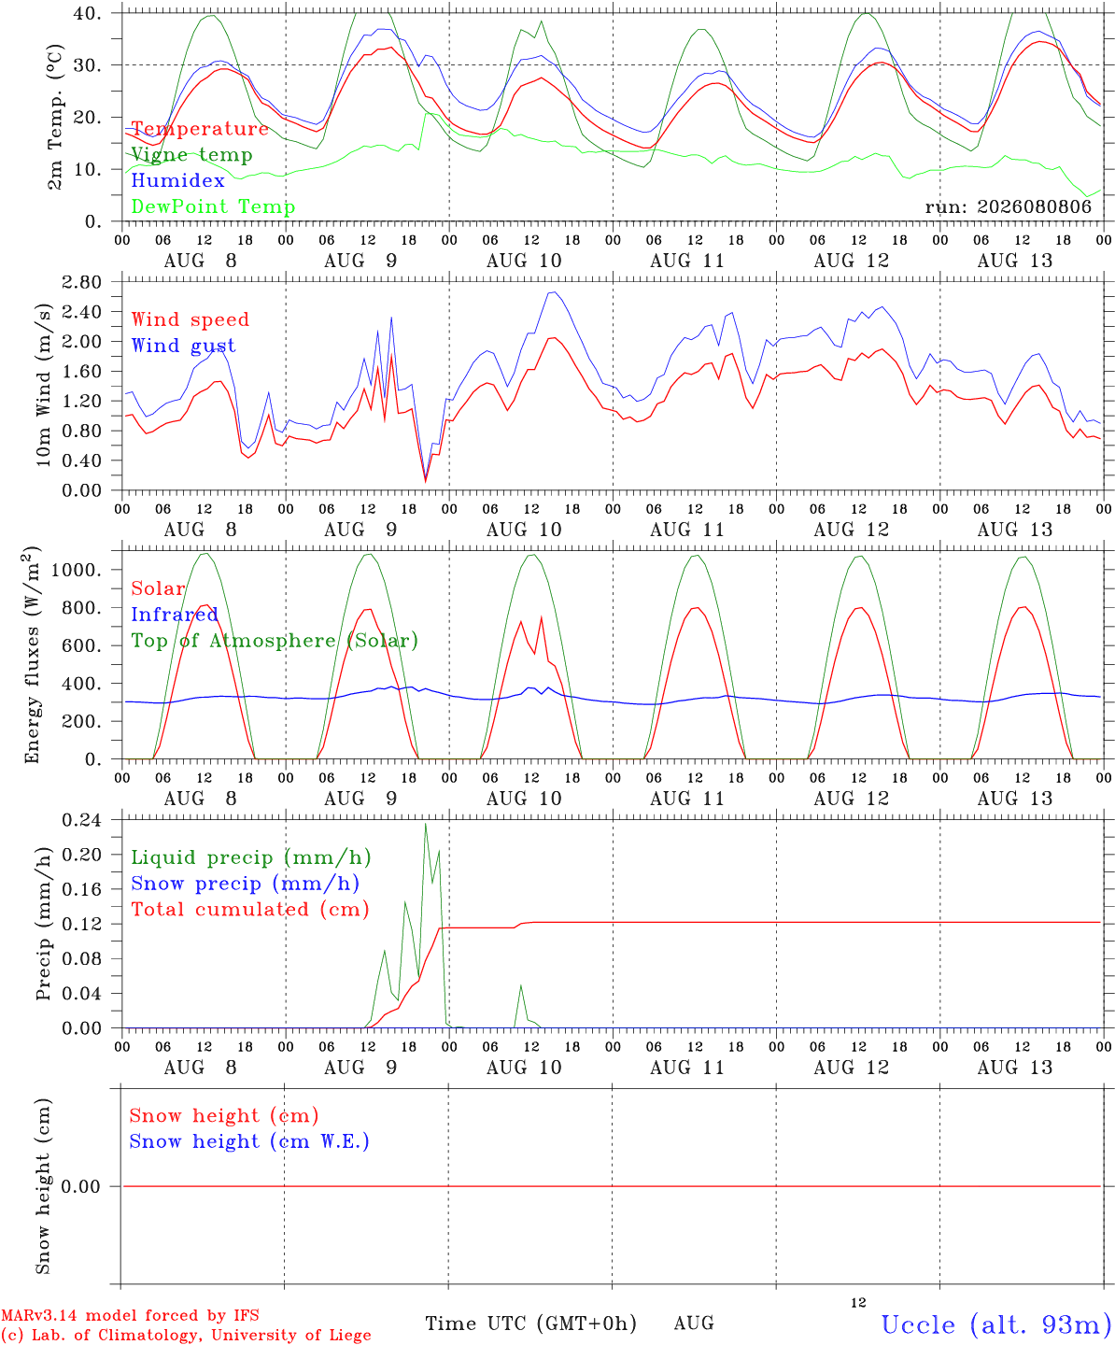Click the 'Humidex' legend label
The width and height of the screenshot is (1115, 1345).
[x=177, y=180]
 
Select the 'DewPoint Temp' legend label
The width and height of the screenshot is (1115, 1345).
[x=213, y=206]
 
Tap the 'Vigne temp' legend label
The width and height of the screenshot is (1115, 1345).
[x=191, y=155]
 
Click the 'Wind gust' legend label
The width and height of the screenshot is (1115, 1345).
[x=184, y=346]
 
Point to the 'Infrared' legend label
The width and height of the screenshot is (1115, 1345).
[x=175, y=615]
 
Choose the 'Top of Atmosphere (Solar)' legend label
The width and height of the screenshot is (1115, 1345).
[x=275, y=641]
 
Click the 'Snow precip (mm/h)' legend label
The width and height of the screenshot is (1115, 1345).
[x=246, y=884]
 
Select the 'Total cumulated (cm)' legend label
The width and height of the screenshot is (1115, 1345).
[x=250, y=910]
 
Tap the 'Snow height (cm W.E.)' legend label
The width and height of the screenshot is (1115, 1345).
[x=249, y=1141]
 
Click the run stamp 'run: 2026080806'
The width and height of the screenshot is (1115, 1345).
[x=1008, y=206]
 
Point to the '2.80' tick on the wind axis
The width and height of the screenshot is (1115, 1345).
[x=82, y=282]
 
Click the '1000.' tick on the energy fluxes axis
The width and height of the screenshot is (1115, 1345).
[x=77, y=570]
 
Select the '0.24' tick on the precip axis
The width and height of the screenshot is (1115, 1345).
[x=82, y=820]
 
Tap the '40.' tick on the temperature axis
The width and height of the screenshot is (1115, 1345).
[x=88, y=13]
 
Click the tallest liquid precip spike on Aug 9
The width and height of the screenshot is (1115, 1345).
[x=425, y=824]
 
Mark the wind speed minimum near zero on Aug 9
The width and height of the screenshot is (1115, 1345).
[x=426, y=481]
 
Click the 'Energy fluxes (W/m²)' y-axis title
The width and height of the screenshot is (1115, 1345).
[x=32, y=655]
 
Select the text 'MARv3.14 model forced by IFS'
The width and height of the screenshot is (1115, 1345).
[x=130, y=1315]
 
